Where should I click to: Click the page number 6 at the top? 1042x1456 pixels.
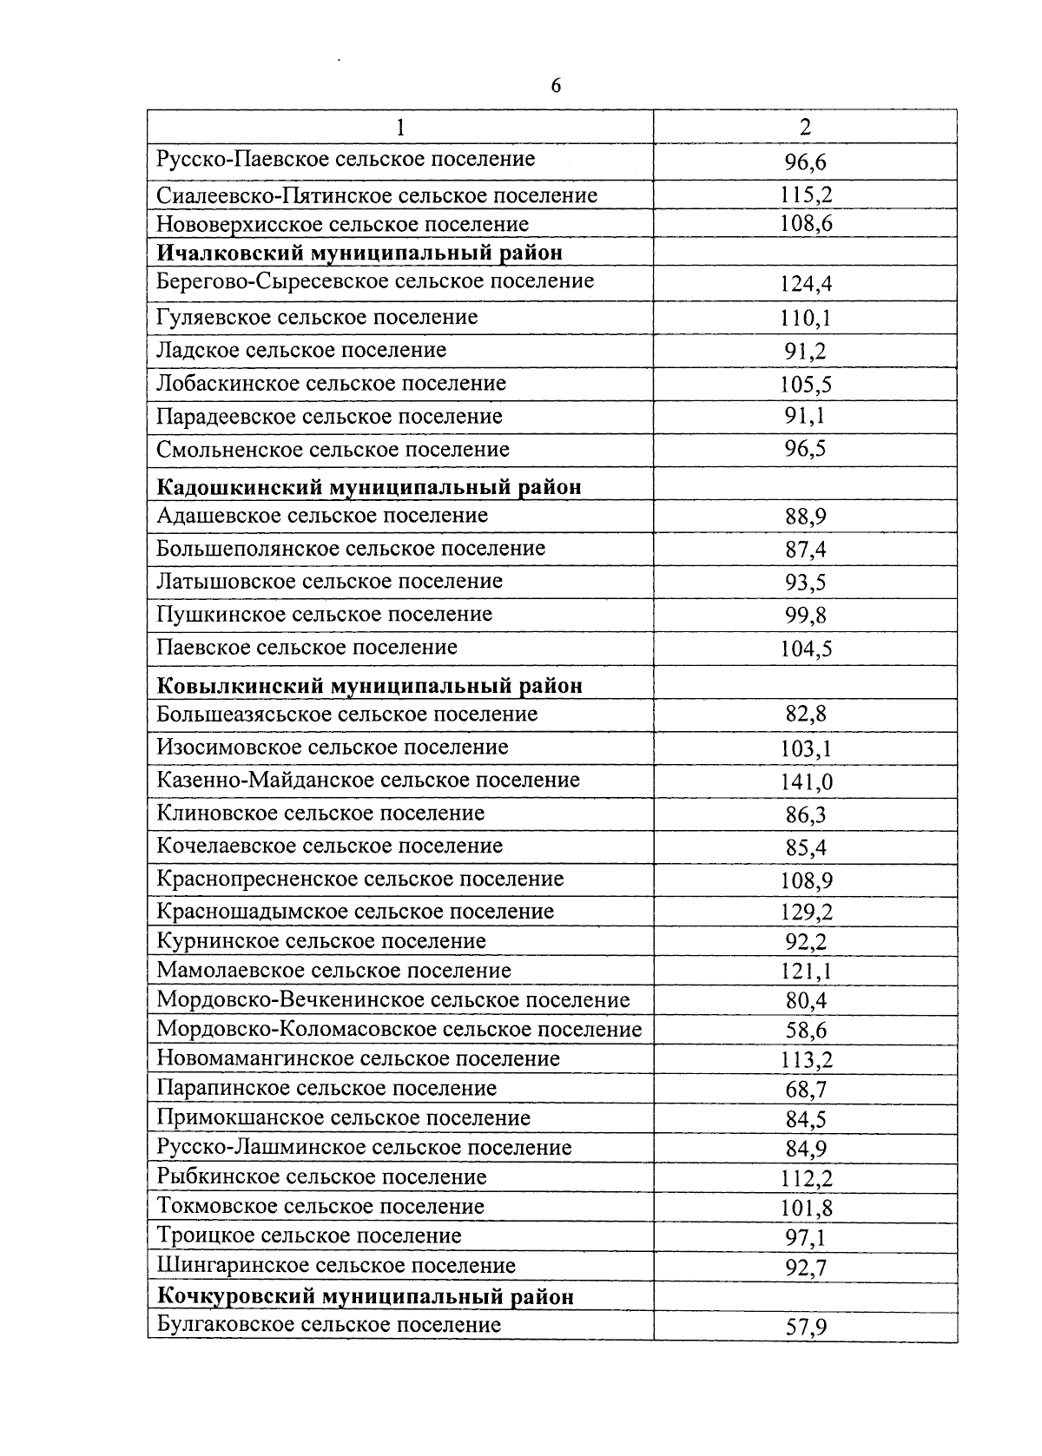pyautogui.click(x=556, y=86)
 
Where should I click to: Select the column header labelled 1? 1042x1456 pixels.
pyautogui.click(x=400, y=127)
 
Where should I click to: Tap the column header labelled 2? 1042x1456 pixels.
pyautogui.click(x=805, y=127)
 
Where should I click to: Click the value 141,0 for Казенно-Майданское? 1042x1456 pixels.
pyautogui.click(x=806, y=782)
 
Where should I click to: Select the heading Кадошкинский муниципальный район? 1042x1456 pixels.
pyautogui.click(x=369, y=486)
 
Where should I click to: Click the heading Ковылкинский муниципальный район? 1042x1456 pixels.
pyautogui.click(x=369, y=686)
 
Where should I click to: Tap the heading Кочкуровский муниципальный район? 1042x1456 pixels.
pyautogui.click(x=365, y=1296)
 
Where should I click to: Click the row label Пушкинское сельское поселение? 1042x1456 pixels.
pyautogui.click(x=324, y=615)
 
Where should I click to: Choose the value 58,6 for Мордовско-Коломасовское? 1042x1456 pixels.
pyautogui.click(x=806, y=1031)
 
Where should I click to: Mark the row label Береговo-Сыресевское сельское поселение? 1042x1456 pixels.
pyautogui.click(x=375, y=281)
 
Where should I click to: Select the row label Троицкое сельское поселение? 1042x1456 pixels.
pyautogui.click(x=308, y=1235)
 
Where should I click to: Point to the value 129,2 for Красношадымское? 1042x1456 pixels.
pyautogui.click(x=806, y=912)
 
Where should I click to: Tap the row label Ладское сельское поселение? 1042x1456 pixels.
pyautogui.click(x=301, y=350)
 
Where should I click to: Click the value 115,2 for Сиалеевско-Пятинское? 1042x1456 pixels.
pyautogui.click(x=806, y=195)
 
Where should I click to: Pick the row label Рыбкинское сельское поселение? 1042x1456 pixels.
pyautogui.click(x=321, y=1177)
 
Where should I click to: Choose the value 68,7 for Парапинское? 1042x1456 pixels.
pyautogui.click(x=806, y=1090)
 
